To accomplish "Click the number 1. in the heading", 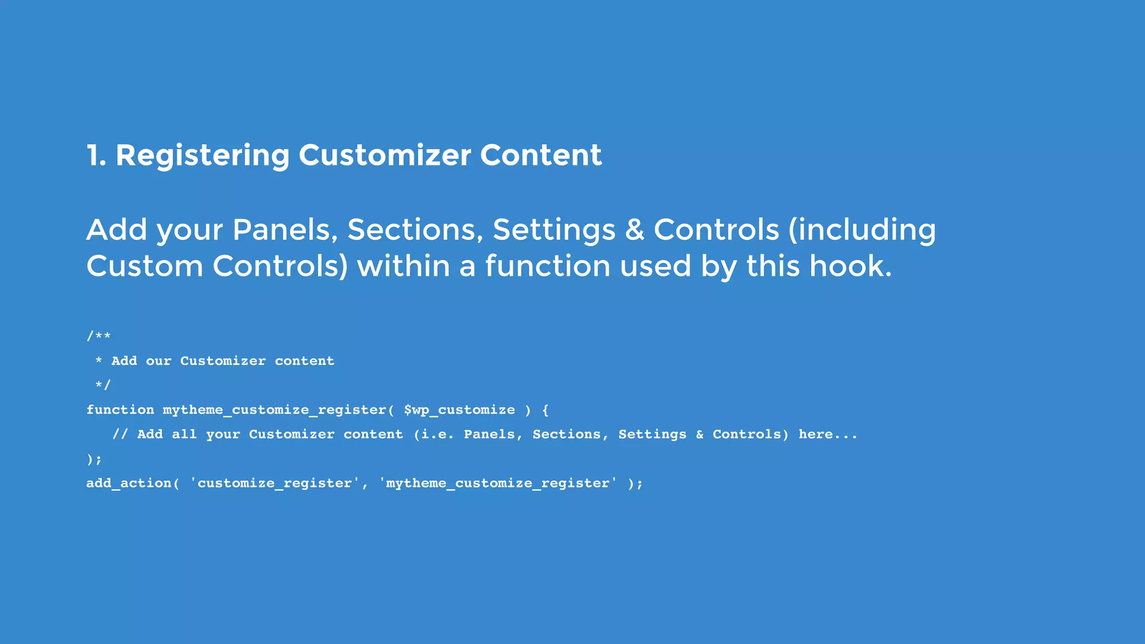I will (x=96, y=155).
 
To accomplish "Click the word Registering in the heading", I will (x=202, y=155).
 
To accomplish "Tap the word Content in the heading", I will (x=541, y=155).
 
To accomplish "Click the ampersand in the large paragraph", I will (x=635, y=230).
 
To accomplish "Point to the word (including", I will (x=862, y=230).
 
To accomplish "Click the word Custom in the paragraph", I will (x=144, y=266).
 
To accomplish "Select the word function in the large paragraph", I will (x=547, y=266).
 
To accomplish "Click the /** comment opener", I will (x=98, y=336).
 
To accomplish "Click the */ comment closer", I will (x=103, y=385).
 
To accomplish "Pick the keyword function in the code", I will (x=120, y=410).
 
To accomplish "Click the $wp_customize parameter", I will (x=459, y=410).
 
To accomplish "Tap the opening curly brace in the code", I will (x=546, y=410).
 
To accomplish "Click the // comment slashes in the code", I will (x=120, y=434).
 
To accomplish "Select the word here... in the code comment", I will (x=827, y=434).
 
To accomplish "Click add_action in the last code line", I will (x=129, y=483).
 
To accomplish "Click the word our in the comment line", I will (x=158, y=361).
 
